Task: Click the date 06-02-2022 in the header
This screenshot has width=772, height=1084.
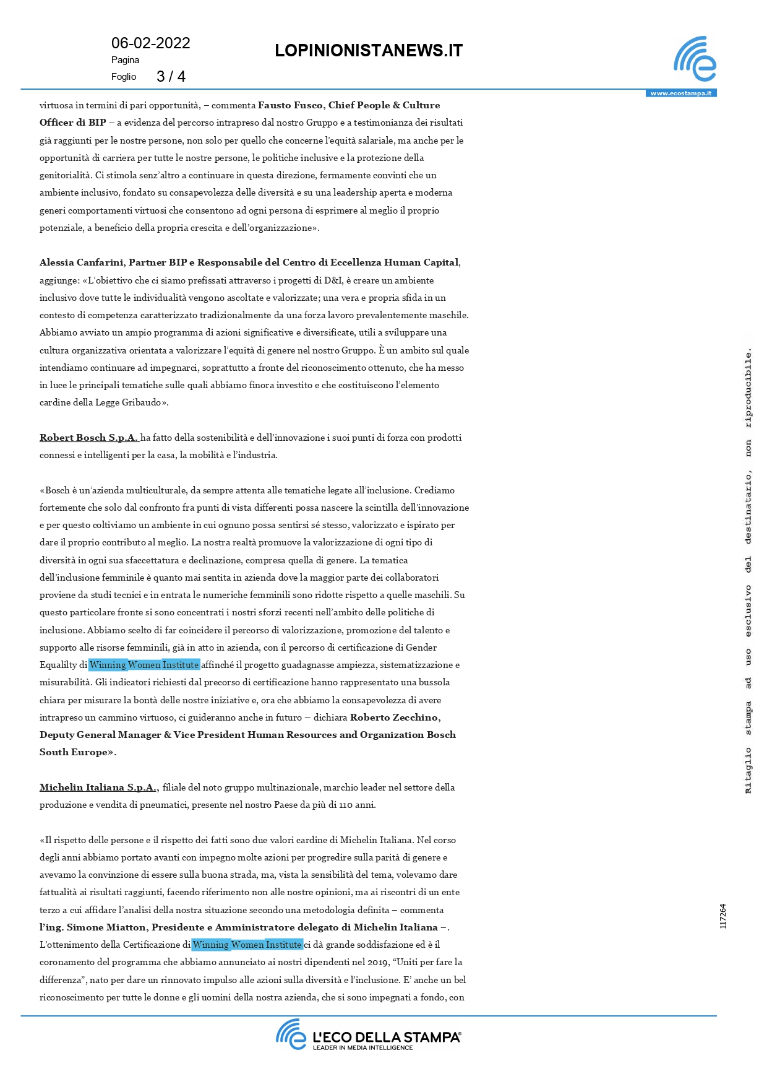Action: click(150, 43)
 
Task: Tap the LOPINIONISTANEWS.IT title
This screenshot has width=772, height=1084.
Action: click(369, 51)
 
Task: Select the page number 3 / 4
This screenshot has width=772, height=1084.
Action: click(171, 77)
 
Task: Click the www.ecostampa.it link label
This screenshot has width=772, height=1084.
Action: click(680, 93)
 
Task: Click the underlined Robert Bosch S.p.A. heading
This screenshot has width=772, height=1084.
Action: click(88, 438)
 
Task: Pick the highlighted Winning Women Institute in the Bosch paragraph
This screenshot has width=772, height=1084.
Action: click(144, 665)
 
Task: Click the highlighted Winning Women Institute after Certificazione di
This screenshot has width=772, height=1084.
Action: click(247, 945)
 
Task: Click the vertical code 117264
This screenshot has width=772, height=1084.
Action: click(723, 916)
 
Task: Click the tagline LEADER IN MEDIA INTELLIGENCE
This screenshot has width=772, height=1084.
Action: click(362, 1047)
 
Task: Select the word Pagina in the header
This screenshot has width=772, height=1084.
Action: click(125, 60)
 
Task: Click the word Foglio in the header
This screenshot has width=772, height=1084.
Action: click(124, 77)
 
